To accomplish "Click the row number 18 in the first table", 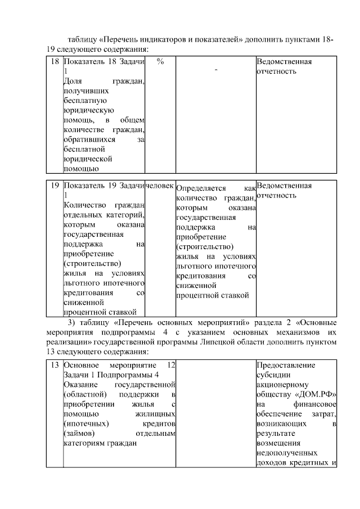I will coord(54,61).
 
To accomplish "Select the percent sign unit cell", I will coord(160,61).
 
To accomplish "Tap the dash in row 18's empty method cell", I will coord(215,70).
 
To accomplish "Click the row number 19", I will coord(54,186).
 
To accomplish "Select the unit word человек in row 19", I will coord(160,186).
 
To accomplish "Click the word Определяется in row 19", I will coord(201,189).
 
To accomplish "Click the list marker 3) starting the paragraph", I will coord(71,323).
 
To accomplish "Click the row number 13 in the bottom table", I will coord(54,365).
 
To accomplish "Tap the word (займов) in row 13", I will coord(79,434).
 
